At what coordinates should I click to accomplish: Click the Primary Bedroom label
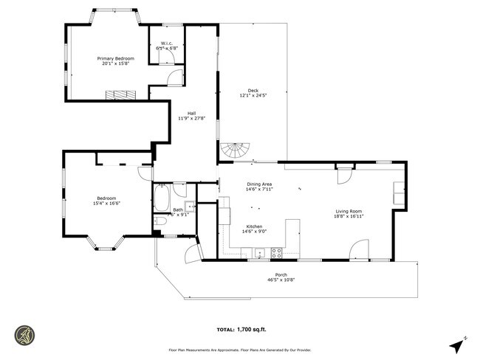[117, 58]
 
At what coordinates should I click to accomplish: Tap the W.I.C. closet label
[167, 44]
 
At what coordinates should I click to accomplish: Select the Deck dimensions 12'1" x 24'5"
[253, 96]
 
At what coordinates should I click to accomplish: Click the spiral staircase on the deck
[236, 150]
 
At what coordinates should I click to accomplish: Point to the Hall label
[191, 113]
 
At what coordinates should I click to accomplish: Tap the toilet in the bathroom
[161, 221]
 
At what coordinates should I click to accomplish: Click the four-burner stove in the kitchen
[278, 252]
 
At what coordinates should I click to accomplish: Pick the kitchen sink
[260, 254]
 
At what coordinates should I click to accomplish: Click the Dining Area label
[259, 184]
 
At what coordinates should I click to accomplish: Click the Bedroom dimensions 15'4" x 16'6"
[106, 203]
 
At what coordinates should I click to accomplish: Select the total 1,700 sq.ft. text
[240, 330]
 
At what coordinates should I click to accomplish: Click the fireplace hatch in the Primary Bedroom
[120, 94]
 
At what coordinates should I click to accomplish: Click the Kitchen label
[255, 226]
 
